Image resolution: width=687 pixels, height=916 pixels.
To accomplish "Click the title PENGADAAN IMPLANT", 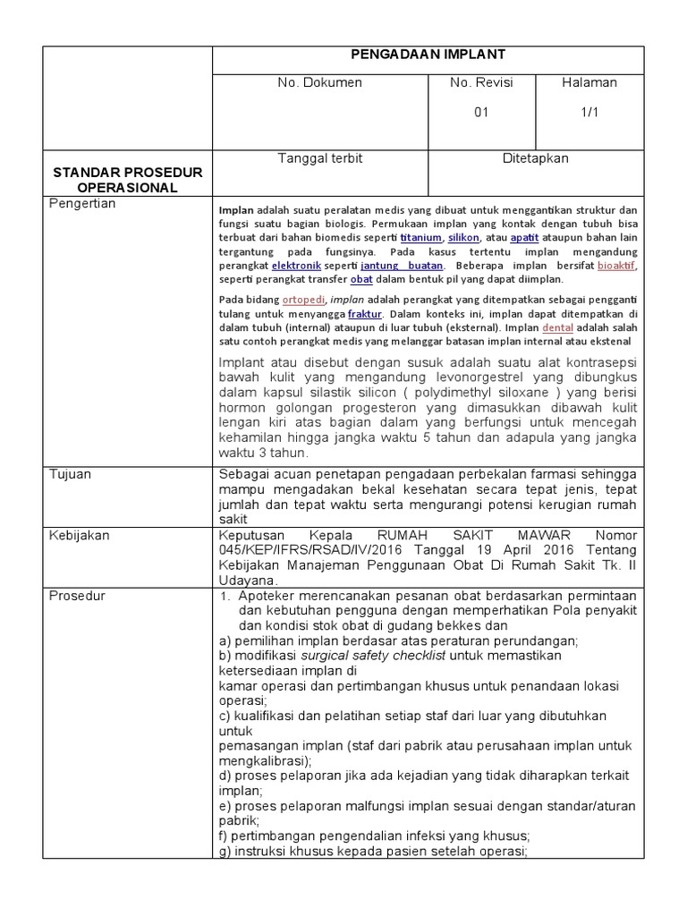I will pyautogui.click(x=428, y=55).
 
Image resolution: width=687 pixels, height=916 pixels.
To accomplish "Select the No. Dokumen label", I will pyautogui.click(x=319, y=83).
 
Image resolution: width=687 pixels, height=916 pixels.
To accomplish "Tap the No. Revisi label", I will pyautogui.click(x=481, y=83).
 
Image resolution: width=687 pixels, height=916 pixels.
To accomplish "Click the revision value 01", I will pyautogui.click(x=481, y=113).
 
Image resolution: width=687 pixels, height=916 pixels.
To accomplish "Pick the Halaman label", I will pyautogui.click(x=589, y=83).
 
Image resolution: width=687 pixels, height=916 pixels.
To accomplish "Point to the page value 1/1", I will pyautogui.click(x=589, y=113).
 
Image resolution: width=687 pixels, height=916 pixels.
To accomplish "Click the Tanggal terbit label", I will pyautogui.click(x=319, y=158).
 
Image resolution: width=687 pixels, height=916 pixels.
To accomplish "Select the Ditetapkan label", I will pyautogui.click(x=535, y=158).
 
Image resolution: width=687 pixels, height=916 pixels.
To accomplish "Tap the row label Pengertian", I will pyautogui.click(x=82, y=204).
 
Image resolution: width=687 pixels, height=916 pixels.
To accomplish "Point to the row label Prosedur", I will pyautogui.click(x=77, y=596).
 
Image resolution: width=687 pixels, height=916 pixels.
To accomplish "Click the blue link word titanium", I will pyautogui.click(x=420, y=238).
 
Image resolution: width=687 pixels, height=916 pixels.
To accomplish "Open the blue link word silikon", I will pyautogui.click(x=463, y=238).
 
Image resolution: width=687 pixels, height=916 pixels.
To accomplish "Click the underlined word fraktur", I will pyautogui.click(x=365, y=315).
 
